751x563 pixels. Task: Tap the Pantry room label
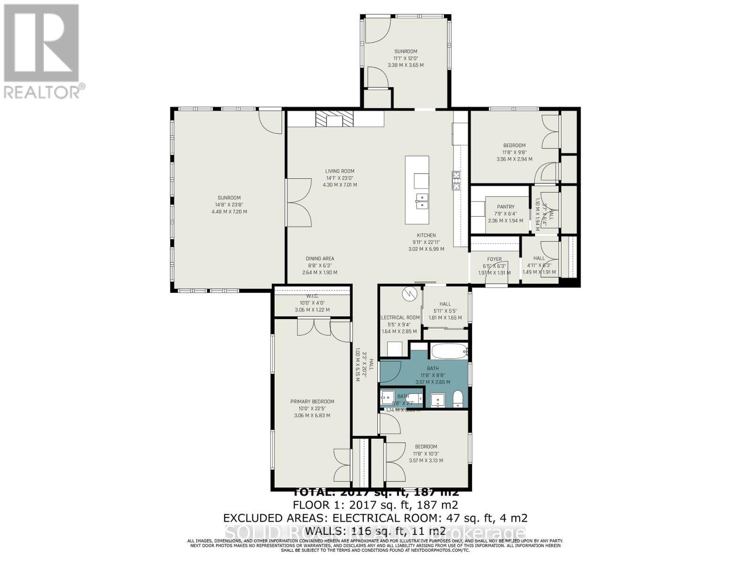click(x=506, y=206)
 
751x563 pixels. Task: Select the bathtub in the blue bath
click(x=449, y=350)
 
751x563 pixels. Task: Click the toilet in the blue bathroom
click(x=458, y=400)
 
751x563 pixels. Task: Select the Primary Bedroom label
click(x=312, y=401)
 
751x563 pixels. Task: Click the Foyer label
click(x=494, y=259)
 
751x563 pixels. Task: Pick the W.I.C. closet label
click(x=312, y=296)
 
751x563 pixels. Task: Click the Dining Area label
click(x=320, y=259)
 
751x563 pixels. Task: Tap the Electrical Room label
click(x=399, y=318)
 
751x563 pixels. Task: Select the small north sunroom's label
click(x=406, y=52)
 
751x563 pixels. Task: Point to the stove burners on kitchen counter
click(x=455, y=181)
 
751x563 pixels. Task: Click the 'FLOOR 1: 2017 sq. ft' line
click(x=375, y=505)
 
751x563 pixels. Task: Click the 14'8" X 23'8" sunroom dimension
click(x=229, y=205)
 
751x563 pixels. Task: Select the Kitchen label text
click(x=426, y=236)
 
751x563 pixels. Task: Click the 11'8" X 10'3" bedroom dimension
click(x=426, y=454)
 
